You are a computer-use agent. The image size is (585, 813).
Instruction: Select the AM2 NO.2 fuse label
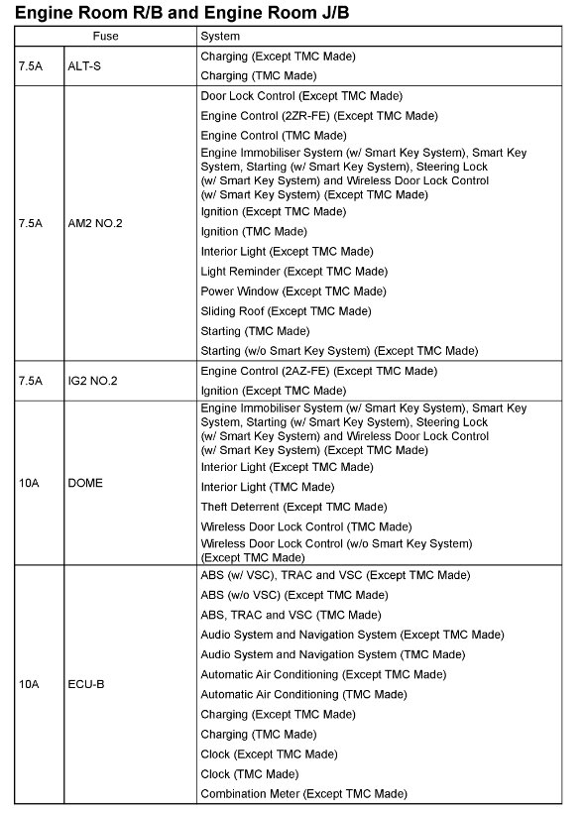(x=96, y=223)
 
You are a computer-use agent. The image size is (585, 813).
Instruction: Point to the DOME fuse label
(x=85, y=484)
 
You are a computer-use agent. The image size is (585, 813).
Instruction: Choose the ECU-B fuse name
(x=86, y=684)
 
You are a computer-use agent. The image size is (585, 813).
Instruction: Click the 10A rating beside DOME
(x=29, y=484)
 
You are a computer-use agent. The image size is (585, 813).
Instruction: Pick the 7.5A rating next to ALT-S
(x=31, y=65)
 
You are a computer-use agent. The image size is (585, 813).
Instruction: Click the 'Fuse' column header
(x=105, y=37)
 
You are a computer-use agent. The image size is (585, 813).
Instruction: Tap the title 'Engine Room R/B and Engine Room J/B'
(x=181, y=12)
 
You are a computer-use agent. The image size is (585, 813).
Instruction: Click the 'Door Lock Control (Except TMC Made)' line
(x=300, y=96)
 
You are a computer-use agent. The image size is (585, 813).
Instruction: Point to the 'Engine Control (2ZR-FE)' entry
(x=318, y=116)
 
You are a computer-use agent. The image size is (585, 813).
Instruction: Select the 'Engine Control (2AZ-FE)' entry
(x=318, y=371)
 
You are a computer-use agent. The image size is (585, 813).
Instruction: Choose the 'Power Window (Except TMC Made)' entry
(x=293, y=291)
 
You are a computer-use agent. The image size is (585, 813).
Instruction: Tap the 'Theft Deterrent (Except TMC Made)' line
(x=293, y=507)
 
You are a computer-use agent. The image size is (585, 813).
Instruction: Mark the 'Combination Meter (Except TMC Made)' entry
(x=303, y=793)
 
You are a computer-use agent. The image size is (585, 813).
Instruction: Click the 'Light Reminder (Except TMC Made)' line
(x=293, y=272)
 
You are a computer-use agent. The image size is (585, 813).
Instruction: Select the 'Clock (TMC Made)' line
(x=249, y=773)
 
